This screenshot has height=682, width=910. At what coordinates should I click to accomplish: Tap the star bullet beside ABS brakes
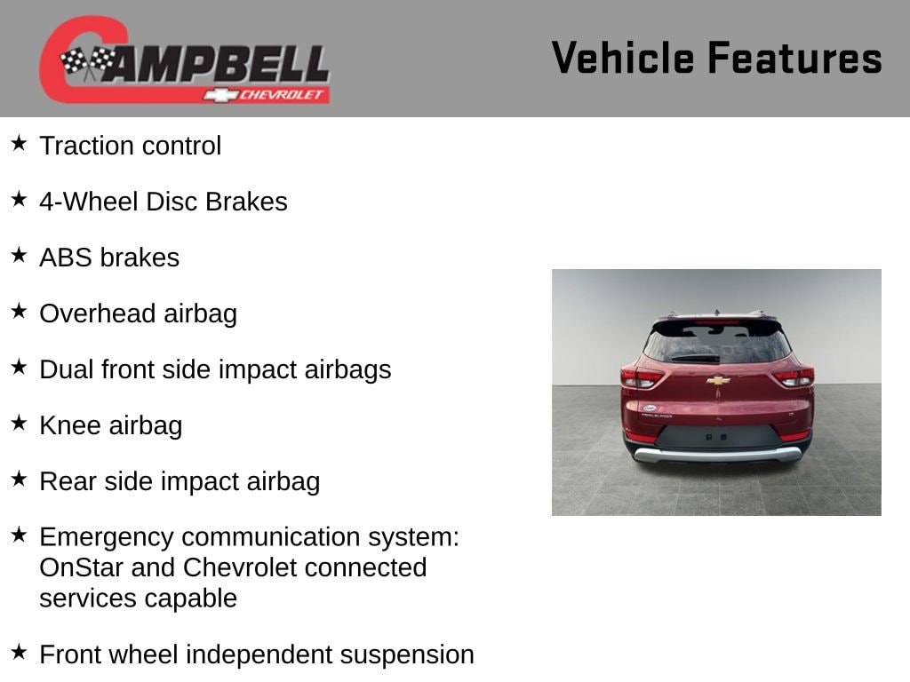19,255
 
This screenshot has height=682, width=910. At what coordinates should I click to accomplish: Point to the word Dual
66,369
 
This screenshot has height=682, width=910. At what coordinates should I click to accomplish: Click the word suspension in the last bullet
407,654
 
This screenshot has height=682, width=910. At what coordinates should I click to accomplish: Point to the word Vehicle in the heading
623,58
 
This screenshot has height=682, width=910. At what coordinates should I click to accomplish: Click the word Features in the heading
795,58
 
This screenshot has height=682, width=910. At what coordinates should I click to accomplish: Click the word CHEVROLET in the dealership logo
281,95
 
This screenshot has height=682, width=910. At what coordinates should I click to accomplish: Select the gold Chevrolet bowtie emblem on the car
718,380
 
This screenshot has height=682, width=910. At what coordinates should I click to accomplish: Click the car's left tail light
642,377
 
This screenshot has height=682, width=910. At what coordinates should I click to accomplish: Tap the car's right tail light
794,377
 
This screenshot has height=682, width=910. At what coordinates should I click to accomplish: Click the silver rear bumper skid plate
717,454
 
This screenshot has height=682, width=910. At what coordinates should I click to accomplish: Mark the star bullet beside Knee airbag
19,424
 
